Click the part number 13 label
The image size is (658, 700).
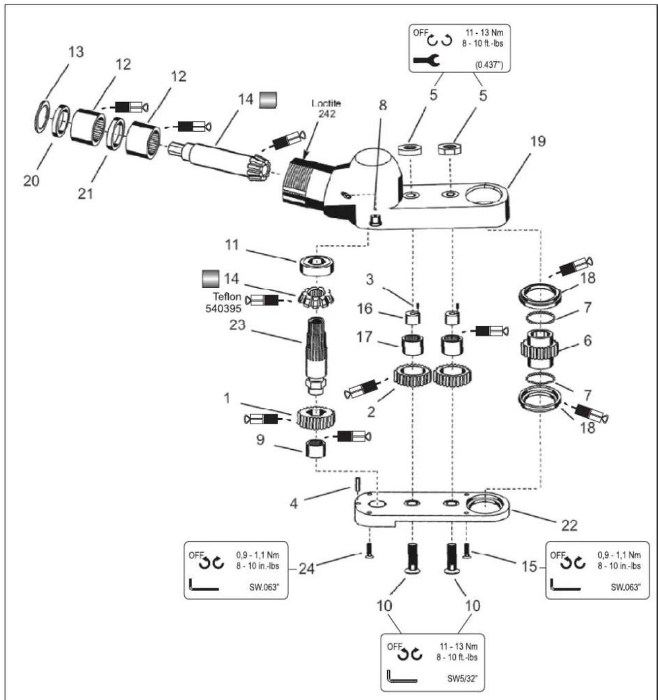(76, 52)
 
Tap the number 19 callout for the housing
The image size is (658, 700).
(538, 141)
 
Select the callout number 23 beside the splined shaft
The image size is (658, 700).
(237, 325)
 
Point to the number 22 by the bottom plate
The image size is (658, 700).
(569, 525)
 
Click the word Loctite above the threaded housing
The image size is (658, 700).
(326, 103)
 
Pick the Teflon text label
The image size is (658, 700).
(227, 296)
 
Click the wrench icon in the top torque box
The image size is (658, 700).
(426, 60)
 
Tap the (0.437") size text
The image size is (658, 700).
(490, 65)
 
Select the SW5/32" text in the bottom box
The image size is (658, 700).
(462, 679)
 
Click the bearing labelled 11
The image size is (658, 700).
(317, 265)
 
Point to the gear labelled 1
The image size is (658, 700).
(316, 418)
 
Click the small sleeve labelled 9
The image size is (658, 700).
(315, 448)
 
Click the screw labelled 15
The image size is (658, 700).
(467, 551)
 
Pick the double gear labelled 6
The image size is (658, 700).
(539, 349)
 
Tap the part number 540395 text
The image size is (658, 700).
(223, 308)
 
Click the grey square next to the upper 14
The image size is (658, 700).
(268, 100)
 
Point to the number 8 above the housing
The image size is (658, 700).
(382, 105)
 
